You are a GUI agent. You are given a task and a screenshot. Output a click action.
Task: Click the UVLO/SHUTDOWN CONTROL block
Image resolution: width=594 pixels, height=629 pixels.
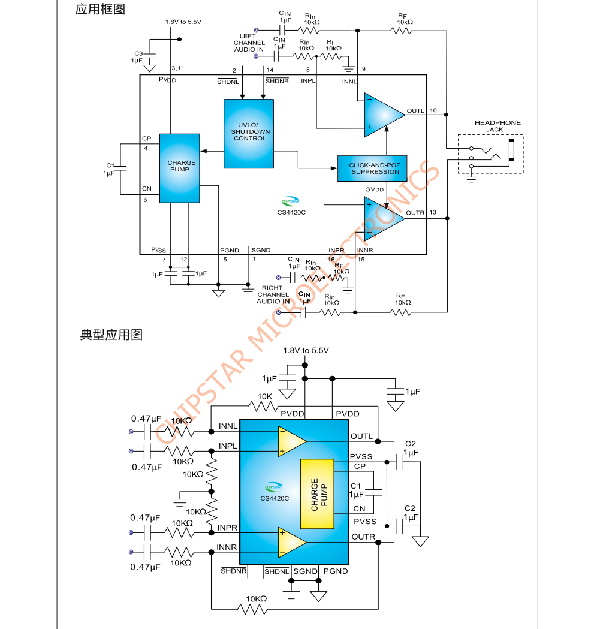(x=248, y=133)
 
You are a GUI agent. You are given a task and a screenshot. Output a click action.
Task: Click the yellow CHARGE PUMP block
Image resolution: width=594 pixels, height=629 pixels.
(x=316, y=493)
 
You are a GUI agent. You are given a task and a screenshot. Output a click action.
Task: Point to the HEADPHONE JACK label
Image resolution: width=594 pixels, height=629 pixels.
(x=497, y=126)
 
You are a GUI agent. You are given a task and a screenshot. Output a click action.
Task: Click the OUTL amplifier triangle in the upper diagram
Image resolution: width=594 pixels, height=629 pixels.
(x=383, y=113)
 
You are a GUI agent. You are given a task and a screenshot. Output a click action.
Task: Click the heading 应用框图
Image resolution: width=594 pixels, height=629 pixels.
(x=100, y=10)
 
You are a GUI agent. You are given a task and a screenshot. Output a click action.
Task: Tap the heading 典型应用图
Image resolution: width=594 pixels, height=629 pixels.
(x=111, y=335)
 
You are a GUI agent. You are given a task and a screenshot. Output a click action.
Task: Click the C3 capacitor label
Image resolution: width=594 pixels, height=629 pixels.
(x=138, y=53)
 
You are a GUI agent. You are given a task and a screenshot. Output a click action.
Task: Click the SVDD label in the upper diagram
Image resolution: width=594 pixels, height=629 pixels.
(x=375, y=189)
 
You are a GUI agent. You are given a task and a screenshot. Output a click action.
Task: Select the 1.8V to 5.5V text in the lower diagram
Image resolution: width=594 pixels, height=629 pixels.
(x=306, y=350)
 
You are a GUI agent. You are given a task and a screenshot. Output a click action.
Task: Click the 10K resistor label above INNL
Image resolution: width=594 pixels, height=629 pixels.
(x=266, y=396)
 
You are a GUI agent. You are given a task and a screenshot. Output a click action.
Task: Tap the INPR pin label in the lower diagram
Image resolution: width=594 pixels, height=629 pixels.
(x=227, y=528)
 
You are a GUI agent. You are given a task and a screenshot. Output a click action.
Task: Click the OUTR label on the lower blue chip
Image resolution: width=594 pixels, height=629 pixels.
(x=363, y=537)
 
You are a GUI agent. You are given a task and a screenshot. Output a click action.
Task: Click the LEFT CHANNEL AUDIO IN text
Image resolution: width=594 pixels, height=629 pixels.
(x=249, y=43)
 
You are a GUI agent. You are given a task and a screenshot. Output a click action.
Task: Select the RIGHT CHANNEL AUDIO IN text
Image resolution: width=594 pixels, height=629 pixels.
(x=273, y=294)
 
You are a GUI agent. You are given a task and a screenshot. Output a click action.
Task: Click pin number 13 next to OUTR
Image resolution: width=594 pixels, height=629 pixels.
(x=433, y=212)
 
